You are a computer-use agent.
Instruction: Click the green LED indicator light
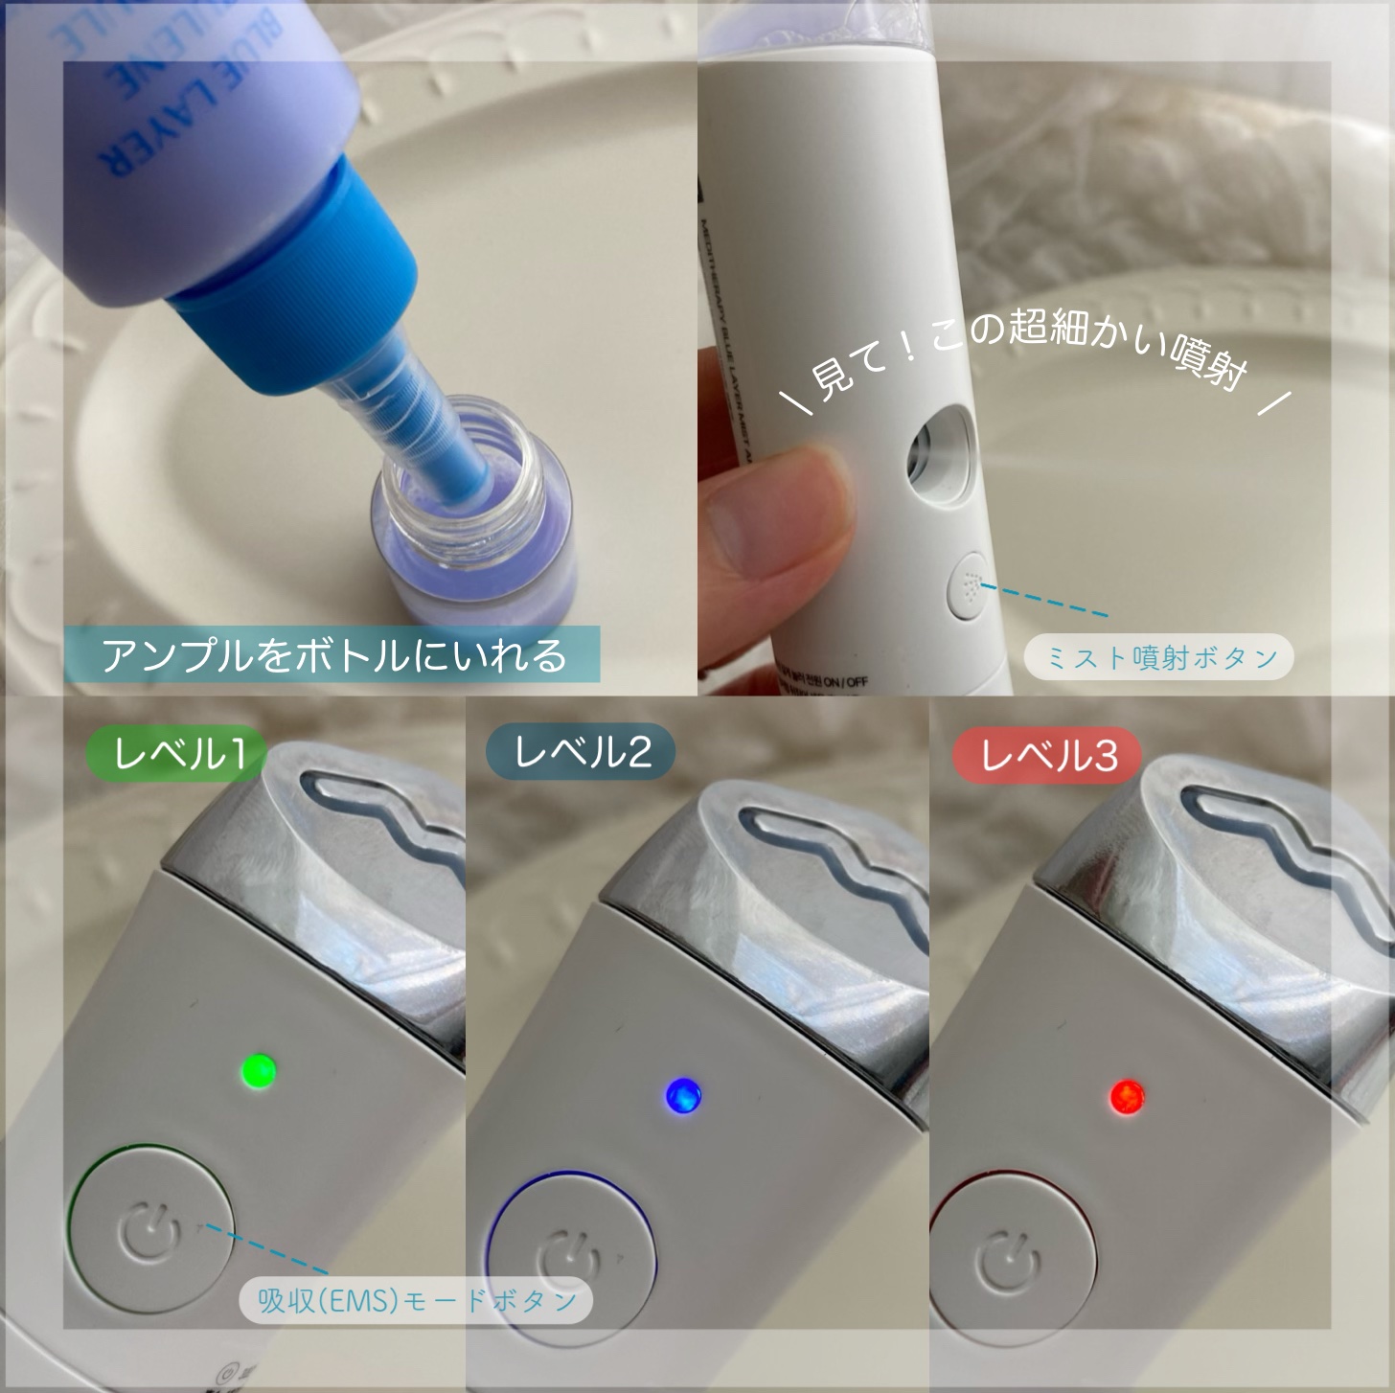tap(258, 1069)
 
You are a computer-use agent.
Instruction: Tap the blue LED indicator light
tap(682, 1094)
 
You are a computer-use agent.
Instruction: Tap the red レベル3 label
tap(1048, 757)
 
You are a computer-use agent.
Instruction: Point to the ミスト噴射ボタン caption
tap(1159, 658)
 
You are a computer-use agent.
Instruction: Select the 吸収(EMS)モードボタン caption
tap(417, 1300)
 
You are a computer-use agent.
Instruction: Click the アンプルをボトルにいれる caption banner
tap(332, 655)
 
